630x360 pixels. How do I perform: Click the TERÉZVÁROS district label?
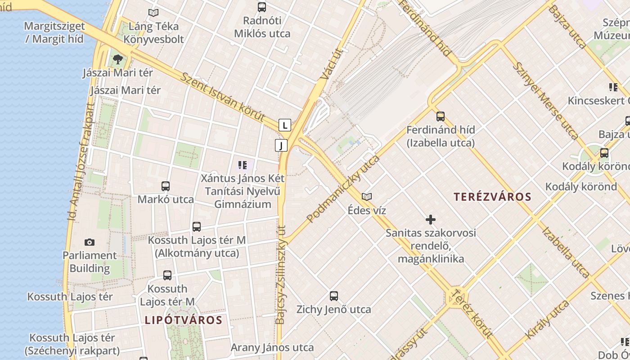492,197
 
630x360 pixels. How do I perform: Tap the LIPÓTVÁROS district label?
184,320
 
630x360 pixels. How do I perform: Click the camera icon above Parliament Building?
90,243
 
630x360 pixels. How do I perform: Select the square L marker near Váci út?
284,125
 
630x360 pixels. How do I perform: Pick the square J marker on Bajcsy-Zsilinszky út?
281,145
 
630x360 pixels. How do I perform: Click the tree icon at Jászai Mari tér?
117,59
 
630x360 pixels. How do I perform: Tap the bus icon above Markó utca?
166,186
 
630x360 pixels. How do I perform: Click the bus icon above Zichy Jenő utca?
333,296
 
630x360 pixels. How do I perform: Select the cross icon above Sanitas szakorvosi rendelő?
431,220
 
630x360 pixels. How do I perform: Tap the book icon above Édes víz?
367,197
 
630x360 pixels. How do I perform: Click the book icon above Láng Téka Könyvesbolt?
153,13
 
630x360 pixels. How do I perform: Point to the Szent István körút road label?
223,97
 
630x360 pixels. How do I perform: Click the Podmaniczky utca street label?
343,189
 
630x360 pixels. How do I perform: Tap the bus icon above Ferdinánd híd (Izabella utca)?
441,117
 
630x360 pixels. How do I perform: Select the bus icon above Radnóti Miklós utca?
262,7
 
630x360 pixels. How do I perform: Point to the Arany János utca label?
272,347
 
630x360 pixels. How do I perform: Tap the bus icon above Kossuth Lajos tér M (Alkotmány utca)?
197,227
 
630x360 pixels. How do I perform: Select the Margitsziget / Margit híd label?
54,32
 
